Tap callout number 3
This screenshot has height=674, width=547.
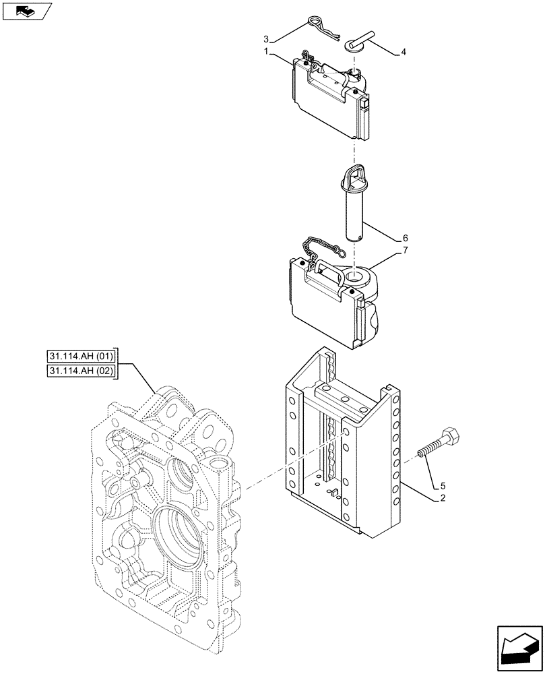pos(266,38)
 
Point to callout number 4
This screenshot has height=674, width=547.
pos(404,51)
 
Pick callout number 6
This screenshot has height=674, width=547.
pos(404,238)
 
